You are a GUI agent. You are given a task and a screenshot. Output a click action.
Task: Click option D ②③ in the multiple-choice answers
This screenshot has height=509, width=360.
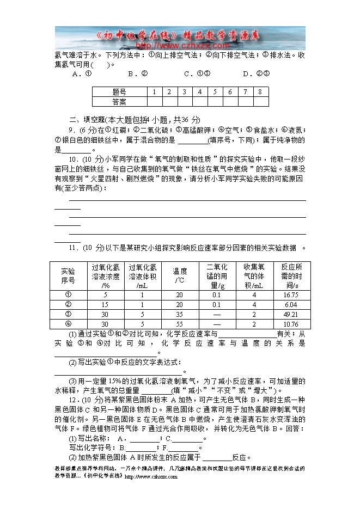click(x=256, y=74)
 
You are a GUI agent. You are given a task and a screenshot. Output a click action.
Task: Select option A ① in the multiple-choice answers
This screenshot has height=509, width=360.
click(x=81, y=74)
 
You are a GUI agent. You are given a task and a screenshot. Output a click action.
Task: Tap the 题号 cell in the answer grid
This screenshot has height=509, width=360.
click(x=119, y=92)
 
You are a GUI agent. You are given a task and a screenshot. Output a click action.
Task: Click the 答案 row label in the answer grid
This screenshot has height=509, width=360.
click(x=119, y=101)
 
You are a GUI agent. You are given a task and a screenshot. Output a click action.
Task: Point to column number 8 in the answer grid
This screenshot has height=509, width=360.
click(x=260, y=92)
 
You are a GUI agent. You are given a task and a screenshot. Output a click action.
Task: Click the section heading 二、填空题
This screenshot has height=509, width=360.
click(x=86, y=120)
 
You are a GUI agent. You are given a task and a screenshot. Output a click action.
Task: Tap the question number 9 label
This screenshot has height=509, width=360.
click(x=72, y=130)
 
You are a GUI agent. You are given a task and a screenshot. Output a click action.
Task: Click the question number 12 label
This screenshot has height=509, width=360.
click(x=74, y=400)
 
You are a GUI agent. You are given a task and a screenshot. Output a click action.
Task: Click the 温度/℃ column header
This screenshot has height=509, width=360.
click(x=180, y=276)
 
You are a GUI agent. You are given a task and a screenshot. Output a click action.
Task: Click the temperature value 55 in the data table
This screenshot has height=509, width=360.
click(x=180, y=324)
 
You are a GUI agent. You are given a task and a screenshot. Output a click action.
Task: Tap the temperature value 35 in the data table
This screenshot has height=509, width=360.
click(x=180, y=314)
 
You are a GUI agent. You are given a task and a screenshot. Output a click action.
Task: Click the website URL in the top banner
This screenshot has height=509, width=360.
click(x=173, y=45)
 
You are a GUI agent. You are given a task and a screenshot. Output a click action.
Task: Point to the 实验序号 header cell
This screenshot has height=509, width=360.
click(x=68, y=276)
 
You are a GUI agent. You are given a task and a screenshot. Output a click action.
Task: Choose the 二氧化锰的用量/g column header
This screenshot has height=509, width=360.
click(x=217, y=276)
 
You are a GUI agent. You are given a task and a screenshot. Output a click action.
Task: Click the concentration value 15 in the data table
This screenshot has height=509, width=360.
click(x=105, y=304)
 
